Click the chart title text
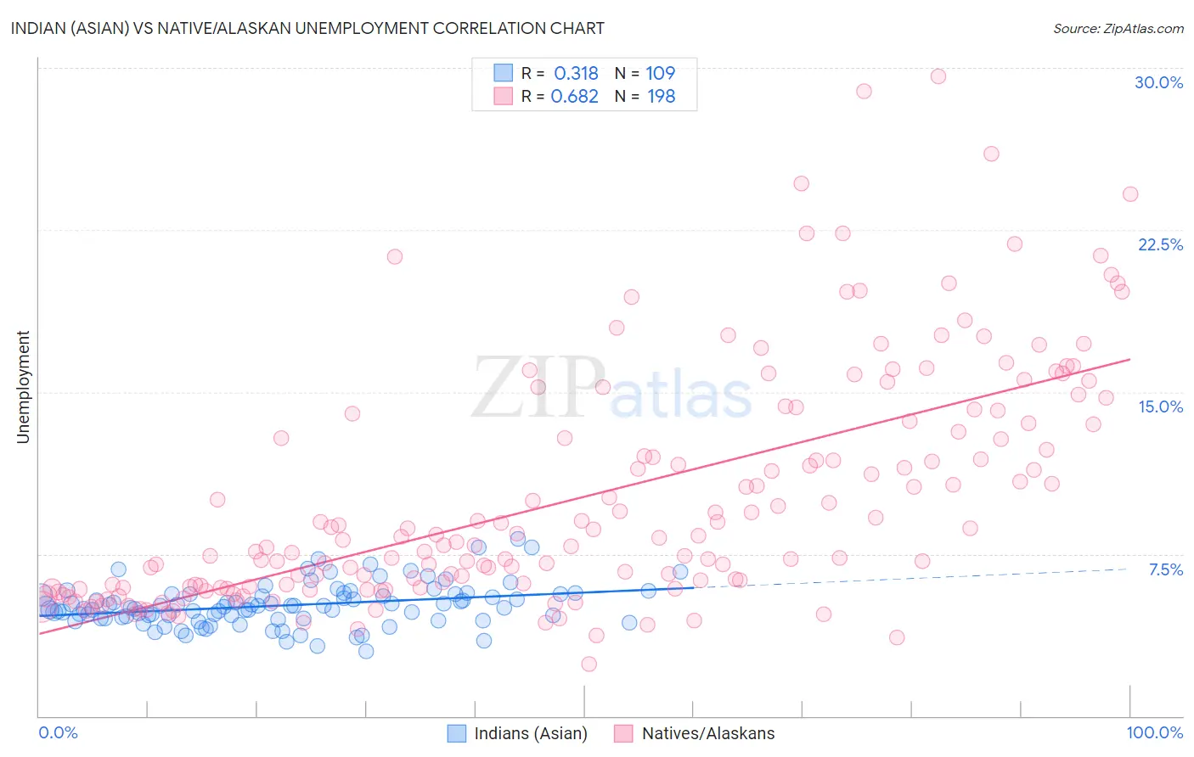tap(307, 28)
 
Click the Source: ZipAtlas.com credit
tap(1118, 28)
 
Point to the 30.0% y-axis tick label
tap(1158, 82)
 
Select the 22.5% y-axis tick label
tap(1160, 244)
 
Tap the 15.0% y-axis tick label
tap(1160, 407)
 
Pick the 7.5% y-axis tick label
tap(1165, 569)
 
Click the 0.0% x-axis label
tap(58, 732)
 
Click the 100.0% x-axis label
tap(1154, 732)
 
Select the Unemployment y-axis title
tap(23, 387)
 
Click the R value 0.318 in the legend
tap(576, 74)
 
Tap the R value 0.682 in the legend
tap(574, 97)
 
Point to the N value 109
tap(660, 74)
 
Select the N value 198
tap(661, 97)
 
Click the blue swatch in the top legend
tap(503, 74)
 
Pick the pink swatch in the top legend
tap(503, 97)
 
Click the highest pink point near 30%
tap(938, 76)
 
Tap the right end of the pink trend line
tap(1129, 359)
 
